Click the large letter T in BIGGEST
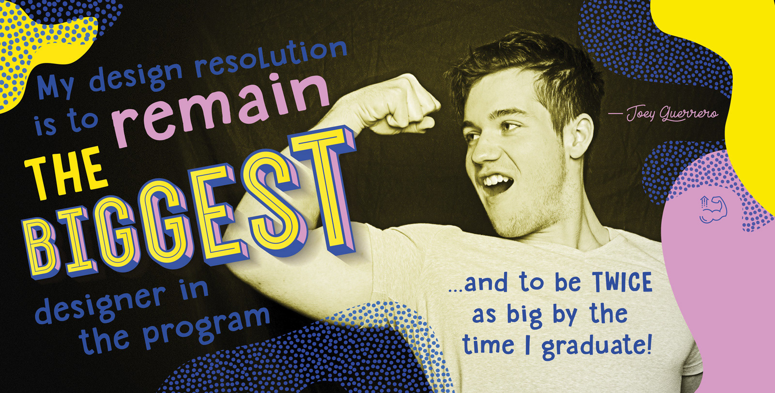324,190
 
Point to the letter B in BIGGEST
42,248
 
